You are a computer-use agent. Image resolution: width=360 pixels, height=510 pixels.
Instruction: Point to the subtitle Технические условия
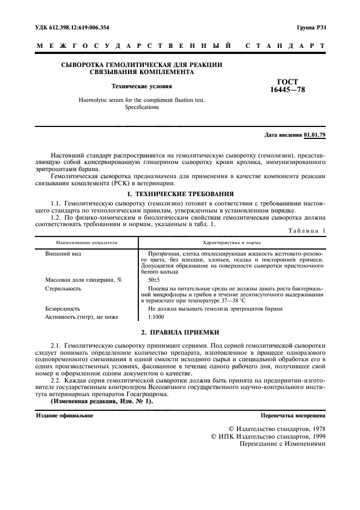(142, 86)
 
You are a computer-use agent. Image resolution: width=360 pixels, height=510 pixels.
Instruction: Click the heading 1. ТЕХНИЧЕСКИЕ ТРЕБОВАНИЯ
(180, 193)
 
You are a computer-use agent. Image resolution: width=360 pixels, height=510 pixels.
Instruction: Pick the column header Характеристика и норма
(231, 242)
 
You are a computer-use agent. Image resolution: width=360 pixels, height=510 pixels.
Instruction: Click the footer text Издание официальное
(64, 416)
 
